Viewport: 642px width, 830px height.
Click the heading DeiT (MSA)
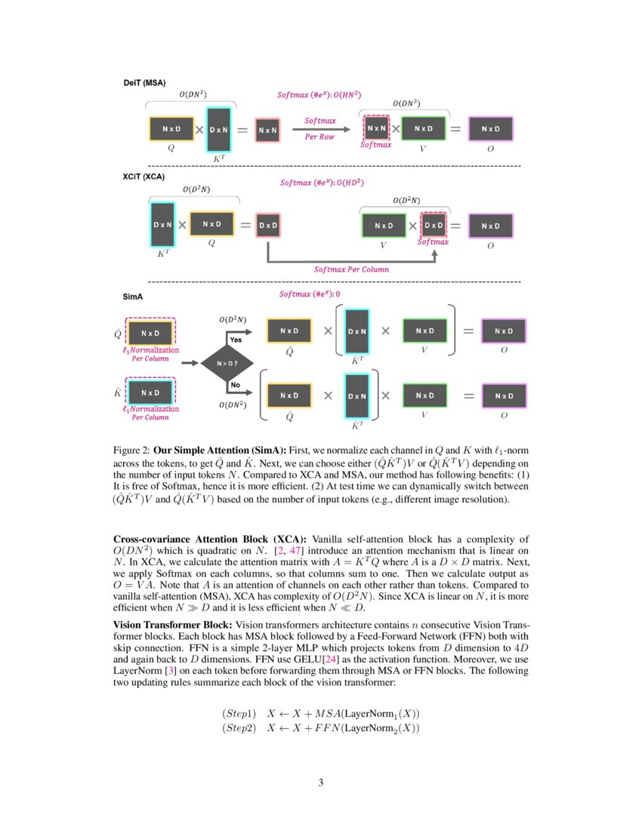[144, 81]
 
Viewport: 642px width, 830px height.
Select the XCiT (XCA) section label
[144, 177]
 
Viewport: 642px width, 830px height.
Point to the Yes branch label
[235, 340]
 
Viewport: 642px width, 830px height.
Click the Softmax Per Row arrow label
[319, 128]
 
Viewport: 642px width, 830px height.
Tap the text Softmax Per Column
[352, 269]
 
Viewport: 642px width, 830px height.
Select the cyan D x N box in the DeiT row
[219, 130]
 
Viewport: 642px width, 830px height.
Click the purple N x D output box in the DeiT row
[490, 129]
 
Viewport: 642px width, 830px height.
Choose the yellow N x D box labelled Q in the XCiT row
[211, 224]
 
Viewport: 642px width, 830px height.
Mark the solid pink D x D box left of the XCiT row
[268, 226]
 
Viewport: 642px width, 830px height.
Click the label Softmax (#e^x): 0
[310, 294]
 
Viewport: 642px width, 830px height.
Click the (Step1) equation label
[239, 714]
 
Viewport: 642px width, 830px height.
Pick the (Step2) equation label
[239, 728]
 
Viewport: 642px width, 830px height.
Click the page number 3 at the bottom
[321, 782]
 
